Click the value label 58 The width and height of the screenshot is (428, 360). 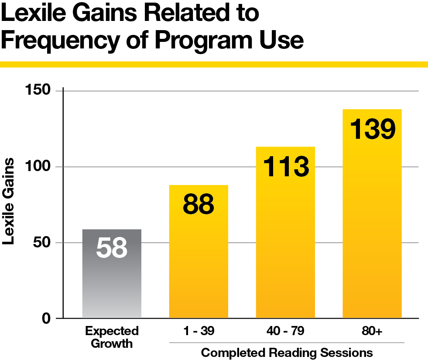(112, 247)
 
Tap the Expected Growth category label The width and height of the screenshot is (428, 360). (112, 337)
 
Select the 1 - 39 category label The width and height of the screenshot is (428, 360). (199, 331)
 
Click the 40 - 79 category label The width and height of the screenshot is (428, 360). (285, 331)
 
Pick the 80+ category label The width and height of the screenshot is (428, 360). (372, 331)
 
